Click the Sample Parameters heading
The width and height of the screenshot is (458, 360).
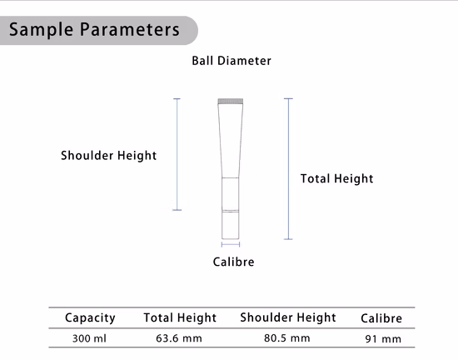click(x=94, y=29)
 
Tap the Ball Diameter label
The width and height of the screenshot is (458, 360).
click(x=231, y=61)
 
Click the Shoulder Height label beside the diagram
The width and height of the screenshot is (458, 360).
click(x=108, y=156)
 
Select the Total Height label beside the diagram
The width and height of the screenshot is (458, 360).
click(x=336, y=178)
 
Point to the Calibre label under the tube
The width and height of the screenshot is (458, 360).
click(x=233, y=262)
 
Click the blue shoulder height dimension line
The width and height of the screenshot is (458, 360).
click(x=177, y=154)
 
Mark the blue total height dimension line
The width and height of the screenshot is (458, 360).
click(x=288, y=169)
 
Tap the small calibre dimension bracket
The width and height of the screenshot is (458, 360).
click(x=231, y=244)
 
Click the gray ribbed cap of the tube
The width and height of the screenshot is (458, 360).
click(x=231, y=102)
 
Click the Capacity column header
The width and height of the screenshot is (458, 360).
click(x=90, y=318)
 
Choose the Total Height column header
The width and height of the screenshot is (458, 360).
click(x=180, y=317)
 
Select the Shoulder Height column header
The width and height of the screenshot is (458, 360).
click(x=288, y=317)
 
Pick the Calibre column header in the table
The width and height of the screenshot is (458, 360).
click(x=381, y=318)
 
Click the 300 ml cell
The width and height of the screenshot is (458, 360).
click(x=89, y=338)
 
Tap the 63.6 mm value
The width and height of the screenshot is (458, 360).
click(x=179, y=338)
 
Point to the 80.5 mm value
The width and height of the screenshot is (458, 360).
click(x=286, y=338)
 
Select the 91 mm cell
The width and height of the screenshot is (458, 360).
click(x=383, y=339)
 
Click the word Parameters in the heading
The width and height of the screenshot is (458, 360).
click(x=130, y=29)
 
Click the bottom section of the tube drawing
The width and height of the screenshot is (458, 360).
click(x=230, y=225)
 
